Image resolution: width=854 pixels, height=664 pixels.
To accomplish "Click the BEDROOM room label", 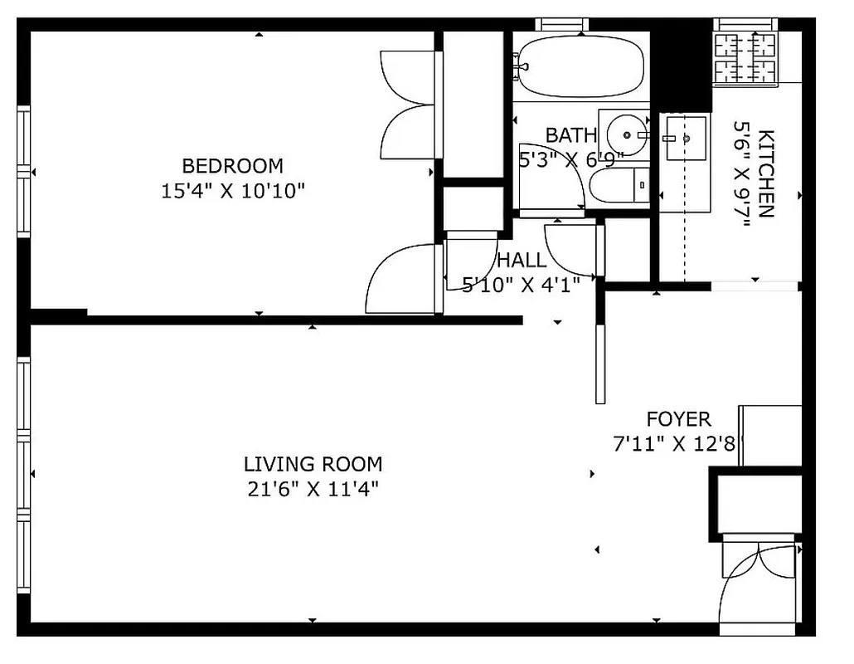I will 232,165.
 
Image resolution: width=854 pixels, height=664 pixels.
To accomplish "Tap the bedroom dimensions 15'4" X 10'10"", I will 233,191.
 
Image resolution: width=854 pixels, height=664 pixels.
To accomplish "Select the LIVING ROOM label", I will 313,464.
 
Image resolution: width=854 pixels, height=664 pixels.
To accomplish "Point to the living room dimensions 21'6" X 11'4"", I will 313,489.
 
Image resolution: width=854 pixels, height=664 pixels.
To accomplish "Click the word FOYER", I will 678,419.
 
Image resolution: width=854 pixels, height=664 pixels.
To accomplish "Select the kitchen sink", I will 685,139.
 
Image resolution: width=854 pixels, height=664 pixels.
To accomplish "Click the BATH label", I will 570,134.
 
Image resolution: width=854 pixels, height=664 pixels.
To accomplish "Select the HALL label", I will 522,260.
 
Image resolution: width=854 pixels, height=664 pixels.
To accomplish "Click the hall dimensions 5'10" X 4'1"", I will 520,285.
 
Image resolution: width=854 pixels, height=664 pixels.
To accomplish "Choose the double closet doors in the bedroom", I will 406,104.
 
